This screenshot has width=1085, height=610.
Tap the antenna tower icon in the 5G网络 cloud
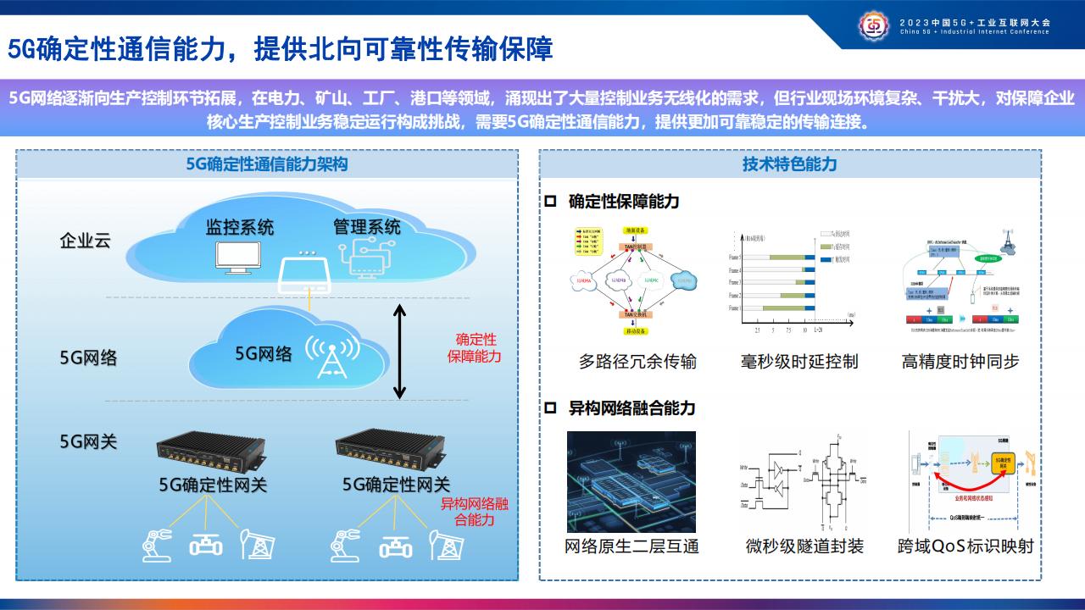[x=326, y=357]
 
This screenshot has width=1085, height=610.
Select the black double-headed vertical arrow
[x=400, y=351]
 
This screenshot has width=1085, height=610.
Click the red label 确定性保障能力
[x=475, y=348]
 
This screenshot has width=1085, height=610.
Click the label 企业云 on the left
[x=85, y=241]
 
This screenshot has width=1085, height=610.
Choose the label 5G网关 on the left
[x=88, y=441]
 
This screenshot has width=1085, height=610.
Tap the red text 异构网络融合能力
[x=474, y=512]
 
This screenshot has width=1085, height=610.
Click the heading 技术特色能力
[x=789, y=164]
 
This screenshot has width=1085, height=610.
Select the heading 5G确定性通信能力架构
[x=267, y=164]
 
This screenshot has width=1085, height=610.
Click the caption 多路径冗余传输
[x=637, y=362]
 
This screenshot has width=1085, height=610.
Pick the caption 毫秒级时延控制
[x=799, y=362]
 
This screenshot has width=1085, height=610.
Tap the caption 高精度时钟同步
[x=960, y=362]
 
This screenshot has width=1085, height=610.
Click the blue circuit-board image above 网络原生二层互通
[x=631, y=481]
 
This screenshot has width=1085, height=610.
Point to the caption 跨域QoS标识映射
[x=965, y=546]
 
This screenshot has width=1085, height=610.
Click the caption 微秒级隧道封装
[x=804, y=546]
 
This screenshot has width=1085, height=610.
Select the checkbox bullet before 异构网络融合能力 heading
[x=550, y=408]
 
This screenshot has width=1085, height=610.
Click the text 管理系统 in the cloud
[x=367, y=227]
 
